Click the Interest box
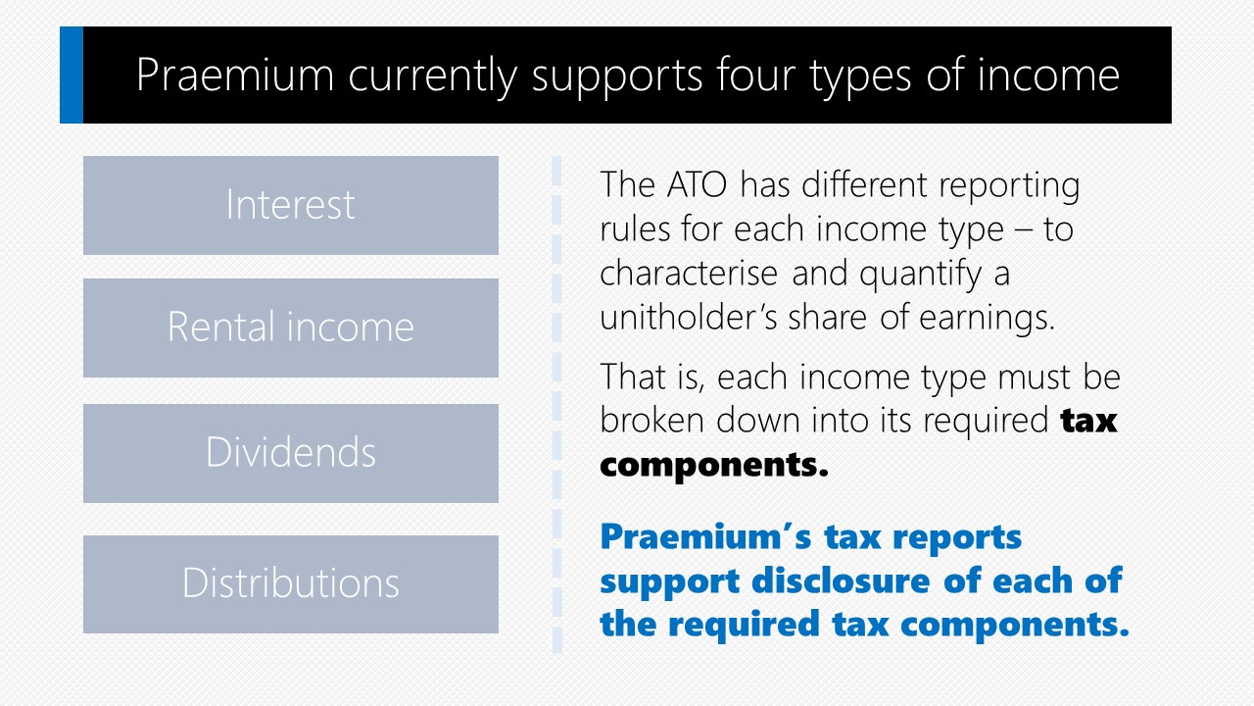(291, 205)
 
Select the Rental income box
(291, 328)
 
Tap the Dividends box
(291, 453)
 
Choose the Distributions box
(291, 584)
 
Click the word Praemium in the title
(235, 75)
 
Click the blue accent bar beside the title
(72, 75)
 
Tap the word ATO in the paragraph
(697, 184)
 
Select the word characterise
(689, 273)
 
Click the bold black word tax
(1088, 421)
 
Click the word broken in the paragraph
(652, 421)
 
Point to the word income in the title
(1048, 75)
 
